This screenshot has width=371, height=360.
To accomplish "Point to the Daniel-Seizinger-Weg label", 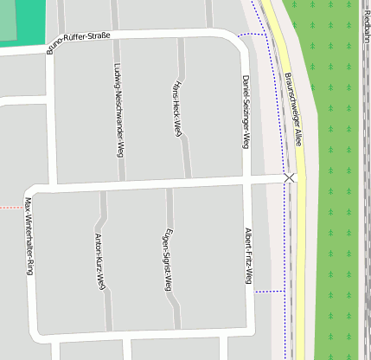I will click(x=246, y=111).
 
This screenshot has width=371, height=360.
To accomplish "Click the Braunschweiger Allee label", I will click(x=293, y=108).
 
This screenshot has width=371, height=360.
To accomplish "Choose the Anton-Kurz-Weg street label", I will click(x=99, y=260).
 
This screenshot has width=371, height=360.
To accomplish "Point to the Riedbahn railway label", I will click(x=367, y=22).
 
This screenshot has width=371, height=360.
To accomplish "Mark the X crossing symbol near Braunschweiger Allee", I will click(x=289, y=177).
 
